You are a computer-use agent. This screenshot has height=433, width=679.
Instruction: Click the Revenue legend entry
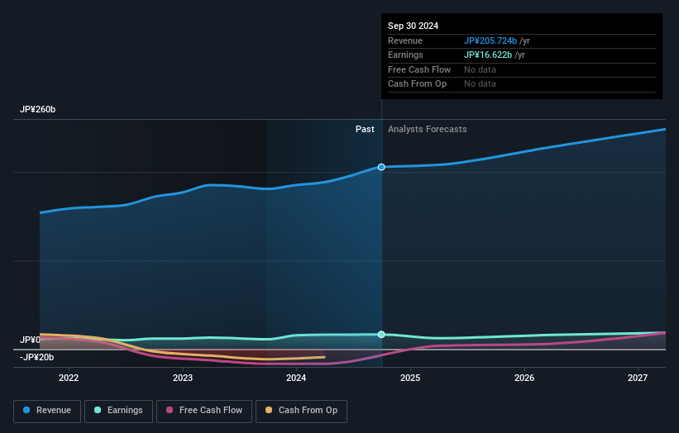coord(47,411)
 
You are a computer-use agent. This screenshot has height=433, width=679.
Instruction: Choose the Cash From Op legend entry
coord(301,411)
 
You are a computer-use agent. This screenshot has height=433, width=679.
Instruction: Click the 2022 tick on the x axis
coord(69,378)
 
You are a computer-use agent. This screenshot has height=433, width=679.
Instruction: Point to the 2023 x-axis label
coord(183,378)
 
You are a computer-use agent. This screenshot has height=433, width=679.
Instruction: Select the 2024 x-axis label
coord(296,378)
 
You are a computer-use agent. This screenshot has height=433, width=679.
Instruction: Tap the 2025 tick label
coord(410,378)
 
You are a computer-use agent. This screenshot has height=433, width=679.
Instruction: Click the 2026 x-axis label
coord(524,378)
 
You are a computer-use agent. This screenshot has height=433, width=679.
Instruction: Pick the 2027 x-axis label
coord(638,378)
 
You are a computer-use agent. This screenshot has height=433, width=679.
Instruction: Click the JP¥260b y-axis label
coord(38,110)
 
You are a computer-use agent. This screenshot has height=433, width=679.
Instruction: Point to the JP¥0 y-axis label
coord(30,340)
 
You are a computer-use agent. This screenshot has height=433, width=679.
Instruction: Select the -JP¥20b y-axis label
coord(37,357)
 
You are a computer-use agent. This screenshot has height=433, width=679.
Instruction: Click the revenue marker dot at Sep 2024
coord(381,167)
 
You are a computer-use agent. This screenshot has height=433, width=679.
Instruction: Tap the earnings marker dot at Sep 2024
coord(381,335)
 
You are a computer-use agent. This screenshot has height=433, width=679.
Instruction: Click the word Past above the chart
coord(365,130)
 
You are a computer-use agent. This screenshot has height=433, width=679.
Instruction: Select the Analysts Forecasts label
coord(427,130)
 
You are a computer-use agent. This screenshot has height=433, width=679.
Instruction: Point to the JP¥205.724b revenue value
coord(490,41)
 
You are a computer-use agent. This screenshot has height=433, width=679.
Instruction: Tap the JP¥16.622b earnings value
coord(488,55)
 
